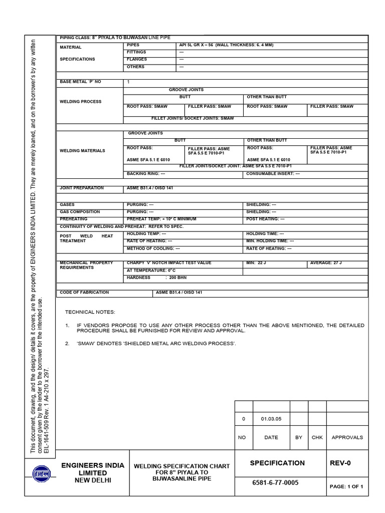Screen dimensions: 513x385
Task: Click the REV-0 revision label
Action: [340, 463]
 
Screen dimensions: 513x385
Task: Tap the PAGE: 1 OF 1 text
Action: [346, 486]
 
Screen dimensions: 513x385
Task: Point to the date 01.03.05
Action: [271, 419]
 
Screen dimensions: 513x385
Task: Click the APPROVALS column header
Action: [347, 437]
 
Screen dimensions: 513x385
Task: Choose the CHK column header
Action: [317, 437]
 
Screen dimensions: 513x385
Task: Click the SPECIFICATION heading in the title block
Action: [277, 463]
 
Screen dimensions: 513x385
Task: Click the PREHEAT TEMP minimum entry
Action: [161, 219]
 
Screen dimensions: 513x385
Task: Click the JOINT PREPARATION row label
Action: [82, 188]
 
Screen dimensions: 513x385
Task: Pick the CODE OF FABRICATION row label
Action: [84, 292]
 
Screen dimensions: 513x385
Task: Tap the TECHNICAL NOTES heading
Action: [90, 312]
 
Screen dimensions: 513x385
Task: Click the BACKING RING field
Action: [146, 174]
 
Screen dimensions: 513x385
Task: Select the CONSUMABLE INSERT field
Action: [273, 174]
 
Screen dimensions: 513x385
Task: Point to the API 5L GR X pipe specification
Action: [226, 45]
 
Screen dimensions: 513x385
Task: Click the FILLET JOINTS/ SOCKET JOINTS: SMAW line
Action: [192, 118]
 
